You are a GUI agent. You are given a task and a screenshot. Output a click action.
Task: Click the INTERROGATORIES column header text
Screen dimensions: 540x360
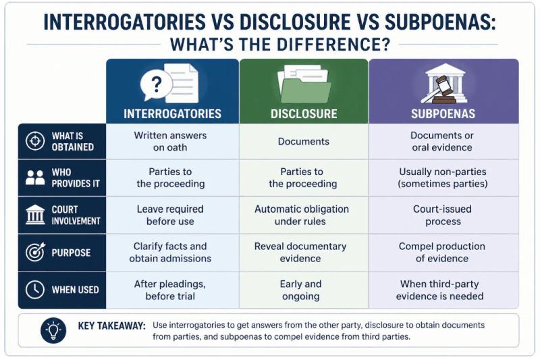172,113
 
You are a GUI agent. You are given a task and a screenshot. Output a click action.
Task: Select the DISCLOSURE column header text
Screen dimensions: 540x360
304,113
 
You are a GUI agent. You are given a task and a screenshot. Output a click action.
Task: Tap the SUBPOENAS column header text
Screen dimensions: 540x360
443,113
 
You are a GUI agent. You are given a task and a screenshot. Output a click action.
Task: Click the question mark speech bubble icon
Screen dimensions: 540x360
156,84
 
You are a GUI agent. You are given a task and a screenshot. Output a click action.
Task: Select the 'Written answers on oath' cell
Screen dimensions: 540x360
170,141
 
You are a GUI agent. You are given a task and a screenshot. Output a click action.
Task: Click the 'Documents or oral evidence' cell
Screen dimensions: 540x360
442,141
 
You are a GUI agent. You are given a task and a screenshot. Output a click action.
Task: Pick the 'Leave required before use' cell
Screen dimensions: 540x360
170,215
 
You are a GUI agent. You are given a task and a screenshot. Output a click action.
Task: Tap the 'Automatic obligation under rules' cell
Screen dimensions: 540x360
301,215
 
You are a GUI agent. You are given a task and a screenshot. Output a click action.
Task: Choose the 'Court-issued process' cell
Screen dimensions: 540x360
443,215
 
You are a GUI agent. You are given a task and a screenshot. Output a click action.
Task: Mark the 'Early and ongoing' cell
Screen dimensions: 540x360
300,290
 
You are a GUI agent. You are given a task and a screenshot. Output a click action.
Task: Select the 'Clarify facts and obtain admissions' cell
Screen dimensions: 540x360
170,252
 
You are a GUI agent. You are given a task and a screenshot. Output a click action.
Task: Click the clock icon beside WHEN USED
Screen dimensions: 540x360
35,289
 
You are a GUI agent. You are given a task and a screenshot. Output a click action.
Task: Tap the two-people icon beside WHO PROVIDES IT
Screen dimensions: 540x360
35,178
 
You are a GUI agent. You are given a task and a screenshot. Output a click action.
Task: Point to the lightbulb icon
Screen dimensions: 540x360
53,330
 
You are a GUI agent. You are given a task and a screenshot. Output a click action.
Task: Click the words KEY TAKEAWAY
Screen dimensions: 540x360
111,326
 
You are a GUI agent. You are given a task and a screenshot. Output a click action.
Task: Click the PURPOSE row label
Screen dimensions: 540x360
71,253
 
